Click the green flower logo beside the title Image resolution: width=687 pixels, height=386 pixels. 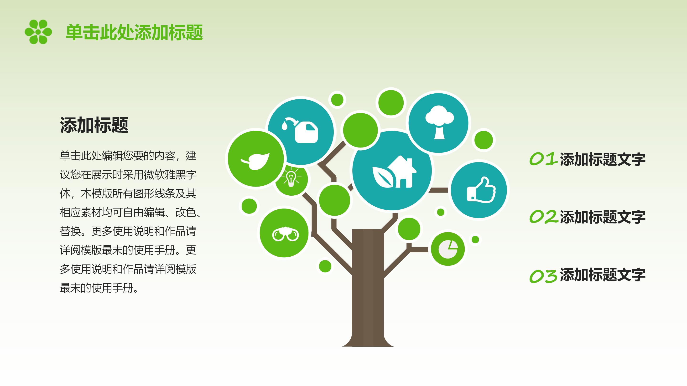38,32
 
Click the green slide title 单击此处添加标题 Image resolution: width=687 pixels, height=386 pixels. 134,32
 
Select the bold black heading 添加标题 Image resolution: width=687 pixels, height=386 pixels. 94,125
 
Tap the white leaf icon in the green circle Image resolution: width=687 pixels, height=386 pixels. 255,161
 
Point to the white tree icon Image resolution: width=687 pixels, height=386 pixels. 439,122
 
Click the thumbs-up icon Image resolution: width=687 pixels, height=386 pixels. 481,190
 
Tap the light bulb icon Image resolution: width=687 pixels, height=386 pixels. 291,178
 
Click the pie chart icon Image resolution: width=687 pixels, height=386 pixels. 448,249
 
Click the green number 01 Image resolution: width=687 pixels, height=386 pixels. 543,159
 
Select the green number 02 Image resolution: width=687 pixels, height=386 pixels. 543,217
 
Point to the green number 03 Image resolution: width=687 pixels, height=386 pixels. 543,275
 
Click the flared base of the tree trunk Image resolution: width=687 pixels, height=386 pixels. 368,340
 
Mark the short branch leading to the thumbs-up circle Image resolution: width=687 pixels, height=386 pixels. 439,190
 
